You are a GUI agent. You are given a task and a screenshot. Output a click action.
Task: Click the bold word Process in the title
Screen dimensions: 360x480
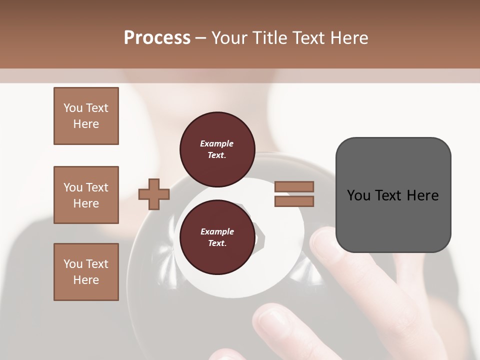click(157, 38)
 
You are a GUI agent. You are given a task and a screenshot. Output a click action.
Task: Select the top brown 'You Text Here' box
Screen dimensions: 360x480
click(86, 116)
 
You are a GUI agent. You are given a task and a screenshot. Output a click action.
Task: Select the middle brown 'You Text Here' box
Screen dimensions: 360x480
click(86, 195)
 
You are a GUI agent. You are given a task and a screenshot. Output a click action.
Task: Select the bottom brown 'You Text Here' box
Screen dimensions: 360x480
click(86, 272)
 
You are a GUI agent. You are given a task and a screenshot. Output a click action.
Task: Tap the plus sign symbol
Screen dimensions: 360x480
click(153, 194)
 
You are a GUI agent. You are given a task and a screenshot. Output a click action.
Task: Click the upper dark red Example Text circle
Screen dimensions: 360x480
click(217, 149)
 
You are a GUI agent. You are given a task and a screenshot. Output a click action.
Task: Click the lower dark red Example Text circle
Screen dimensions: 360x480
click(217, 237)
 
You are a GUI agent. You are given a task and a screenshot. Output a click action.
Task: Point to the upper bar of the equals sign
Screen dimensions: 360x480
click(294, 187)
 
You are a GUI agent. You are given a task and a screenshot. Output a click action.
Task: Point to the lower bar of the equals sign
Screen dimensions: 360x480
click(294, 201)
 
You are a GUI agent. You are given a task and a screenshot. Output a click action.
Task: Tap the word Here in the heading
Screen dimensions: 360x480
click(348, 38)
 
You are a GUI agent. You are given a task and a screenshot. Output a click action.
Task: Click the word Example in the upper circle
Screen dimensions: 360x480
click(217, 143)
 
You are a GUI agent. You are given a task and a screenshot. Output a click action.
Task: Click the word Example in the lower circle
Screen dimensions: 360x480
click(217, 231)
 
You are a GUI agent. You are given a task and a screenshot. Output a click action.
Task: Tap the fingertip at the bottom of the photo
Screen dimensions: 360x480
click(272, 320)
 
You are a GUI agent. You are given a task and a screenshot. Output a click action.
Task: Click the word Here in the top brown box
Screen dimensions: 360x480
click(86, 124)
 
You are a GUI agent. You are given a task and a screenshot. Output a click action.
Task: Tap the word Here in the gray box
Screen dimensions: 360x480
click(423, 195)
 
